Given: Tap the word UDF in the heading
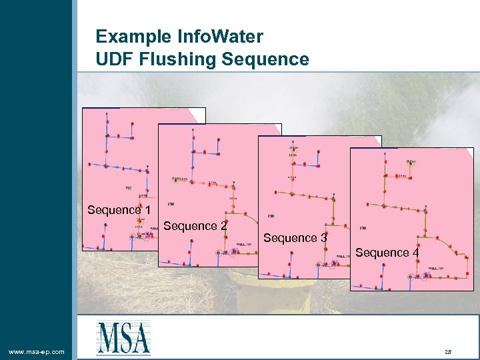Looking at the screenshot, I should click(114, 59).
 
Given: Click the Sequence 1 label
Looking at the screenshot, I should click(119, 211).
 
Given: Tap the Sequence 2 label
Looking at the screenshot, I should click(195, 227).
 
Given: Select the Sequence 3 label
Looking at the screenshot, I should click(295, 238).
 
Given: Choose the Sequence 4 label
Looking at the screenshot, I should click(387, 253).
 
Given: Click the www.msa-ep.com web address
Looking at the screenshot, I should click(37, 351).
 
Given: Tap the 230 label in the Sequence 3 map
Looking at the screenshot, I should click(271, 216).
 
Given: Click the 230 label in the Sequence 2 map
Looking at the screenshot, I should click(171, 204).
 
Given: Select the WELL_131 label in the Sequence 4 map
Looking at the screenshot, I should click(437, 269).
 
